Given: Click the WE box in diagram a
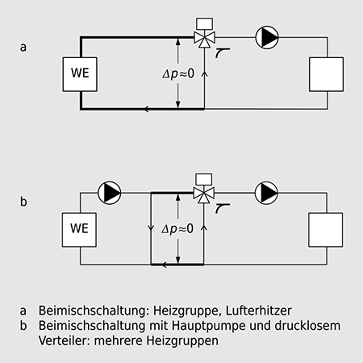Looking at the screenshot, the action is (x=80, y=74).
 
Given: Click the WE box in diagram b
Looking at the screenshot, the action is (x=79, y=230).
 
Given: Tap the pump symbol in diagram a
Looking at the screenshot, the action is (x=267, y=37).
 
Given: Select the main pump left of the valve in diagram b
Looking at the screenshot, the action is (x=109, y=193).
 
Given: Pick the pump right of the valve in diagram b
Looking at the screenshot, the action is (x=266, y=193).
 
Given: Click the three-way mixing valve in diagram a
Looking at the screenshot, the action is (x=204, y=39).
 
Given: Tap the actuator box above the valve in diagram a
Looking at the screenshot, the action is (x=205, y=23).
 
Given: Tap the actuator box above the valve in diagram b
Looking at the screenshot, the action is (x=204, y=179).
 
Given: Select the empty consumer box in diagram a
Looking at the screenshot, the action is (x=326, y=74).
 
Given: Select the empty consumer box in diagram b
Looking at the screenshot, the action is (x=326, y=230).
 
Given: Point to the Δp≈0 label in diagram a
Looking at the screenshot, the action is (x=178, y=73).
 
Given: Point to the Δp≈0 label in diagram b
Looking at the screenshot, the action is (x=177, y=229).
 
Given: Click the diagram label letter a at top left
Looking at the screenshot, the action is (x=23, y=47).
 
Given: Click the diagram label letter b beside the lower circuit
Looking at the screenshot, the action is (x=23, y=201).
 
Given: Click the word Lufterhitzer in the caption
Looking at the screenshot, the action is (x=258, y=311).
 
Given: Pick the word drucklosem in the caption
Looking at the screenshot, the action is (x=307, y=325).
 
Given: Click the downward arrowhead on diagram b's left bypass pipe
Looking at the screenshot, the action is (x=151, y=228).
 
